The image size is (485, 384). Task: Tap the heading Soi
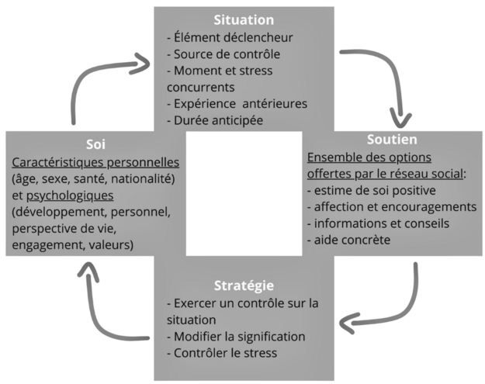96,144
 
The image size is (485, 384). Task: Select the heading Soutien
391,140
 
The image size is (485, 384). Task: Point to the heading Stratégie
244,285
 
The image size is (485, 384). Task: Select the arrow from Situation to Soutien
388,78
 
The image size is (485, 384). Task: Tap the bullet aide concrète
348,240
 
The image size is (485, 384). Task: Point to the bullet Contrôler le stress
222,354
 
